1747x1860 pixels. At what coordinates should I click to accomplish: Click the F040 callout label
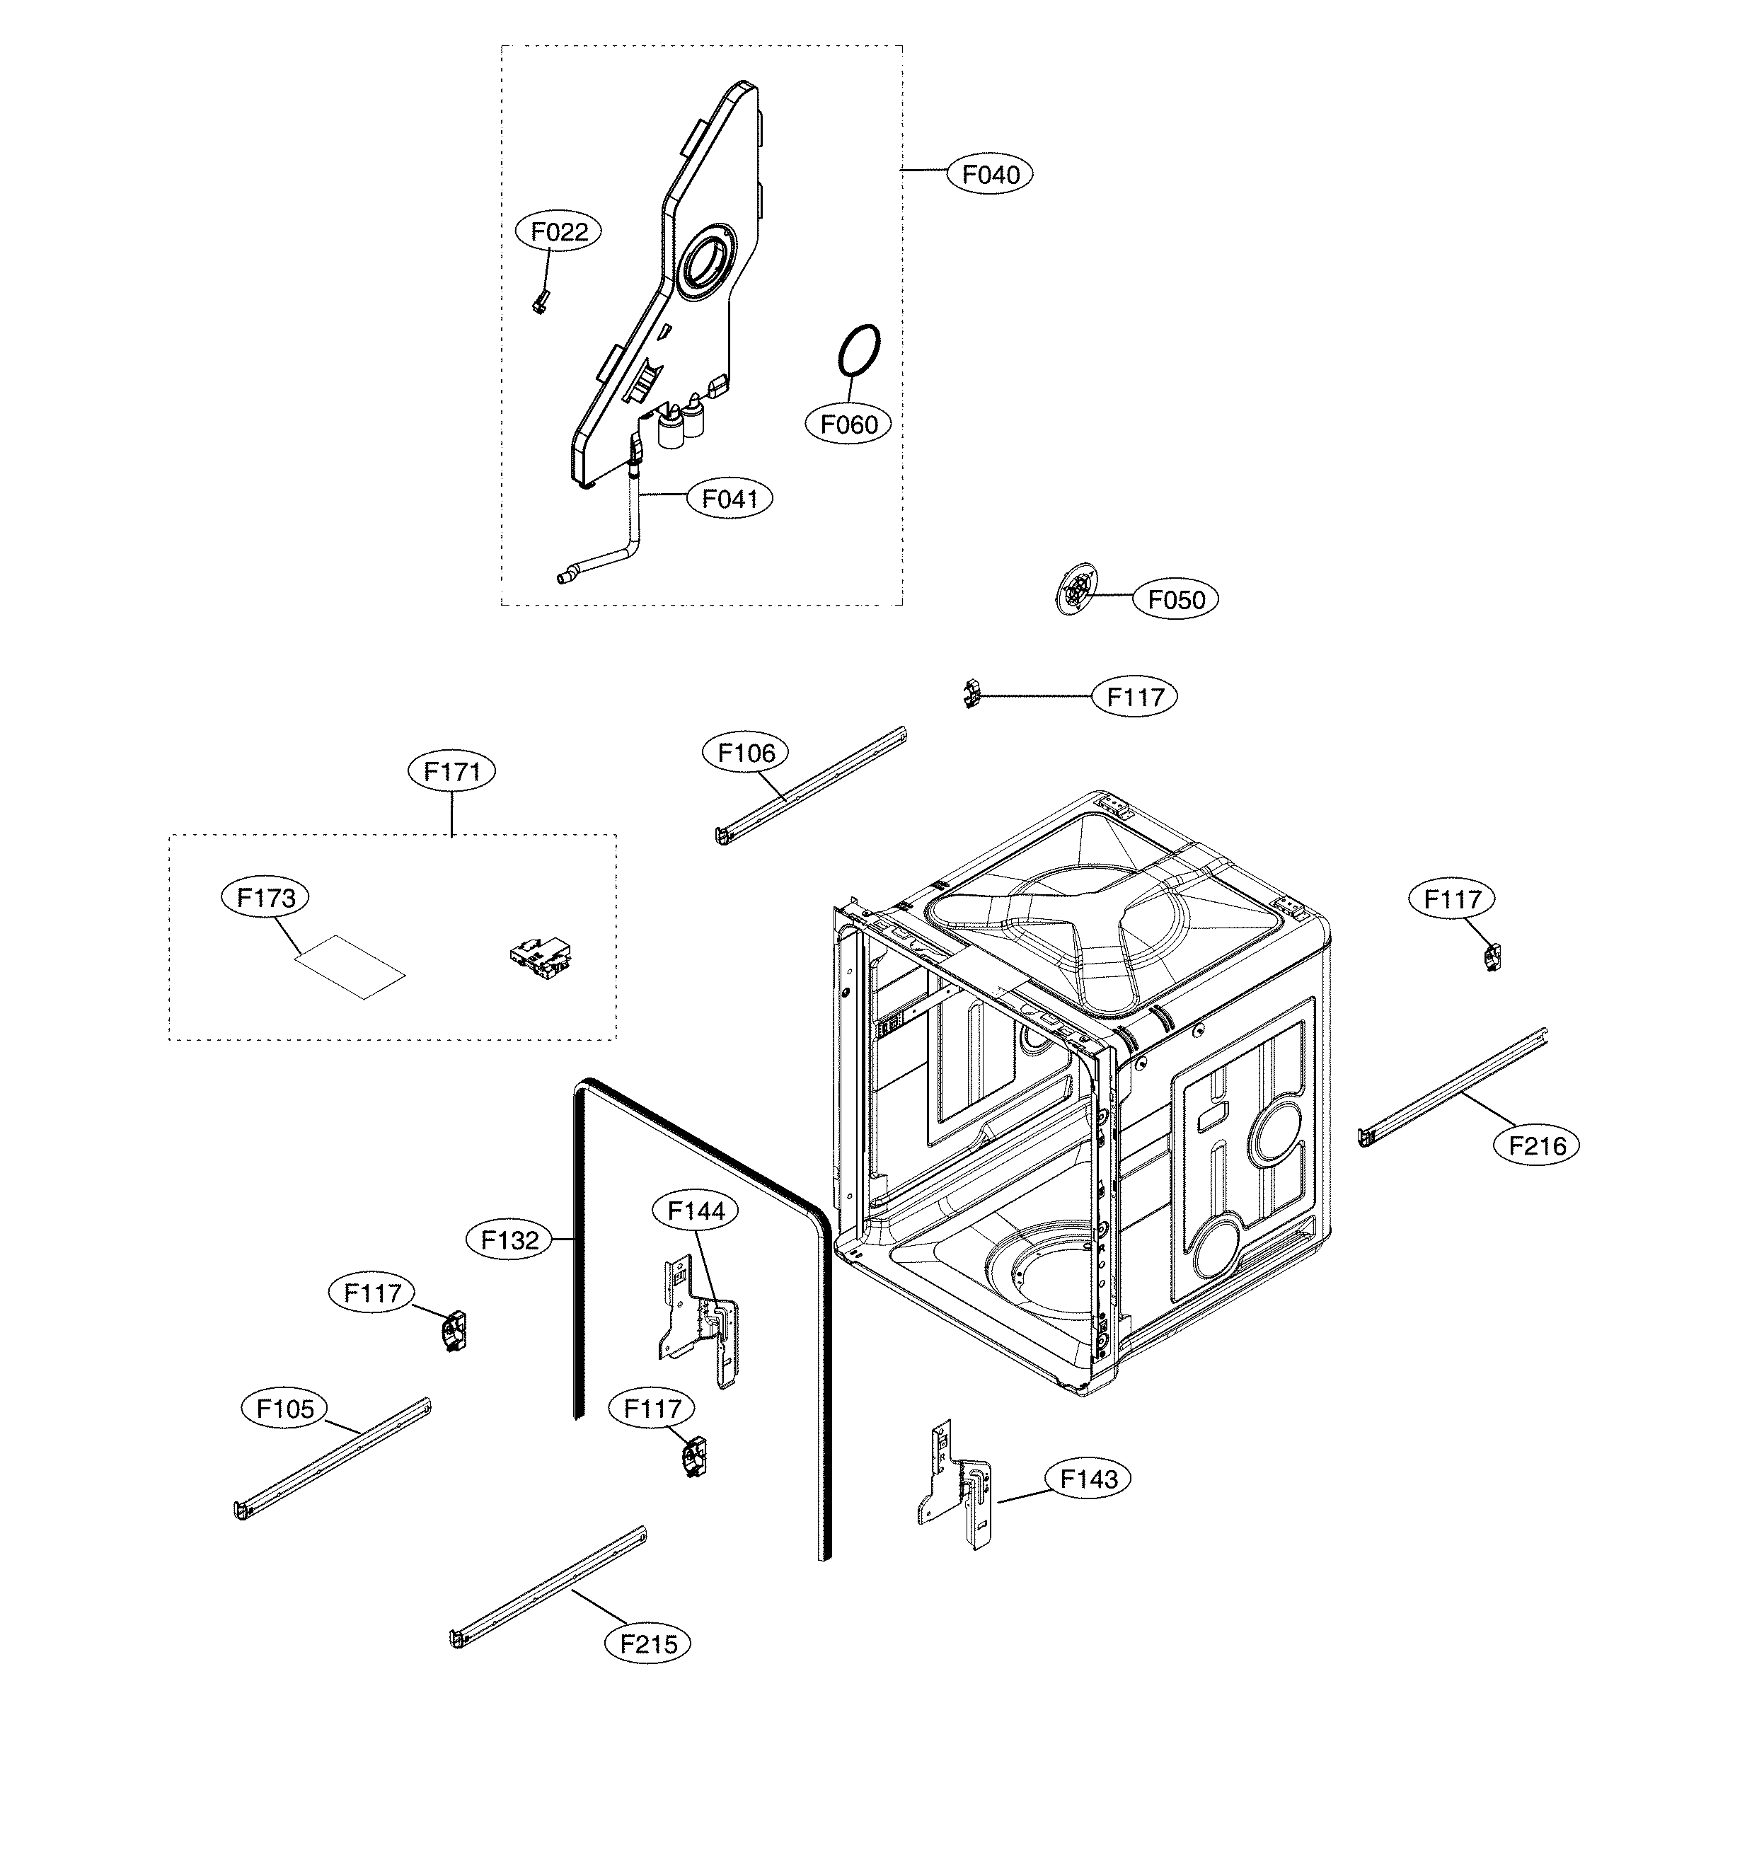[990, 174]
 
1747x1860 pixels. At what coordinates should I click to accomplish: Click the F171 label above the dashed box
[452, 771]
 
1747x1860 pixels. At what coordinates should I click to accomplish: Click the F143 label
[1088, 1479]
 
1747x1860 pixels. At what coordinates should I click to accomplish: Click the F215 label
[647, 1644]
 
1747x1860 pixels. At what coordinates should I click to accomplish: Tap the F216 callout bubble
[1535, 1145]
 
